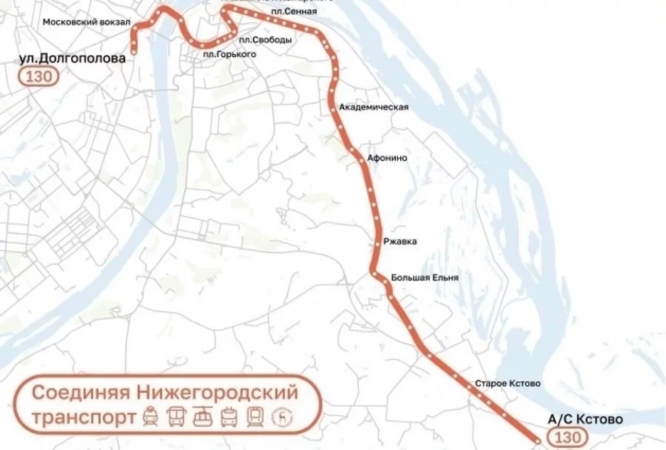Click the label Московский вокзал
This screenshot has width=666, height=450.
[x=86, y=22]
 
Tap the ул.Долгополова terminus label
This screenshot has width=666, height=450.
[x=72, y=59]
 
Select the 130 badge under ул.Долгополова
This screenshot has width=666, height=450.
[x=38, y=77]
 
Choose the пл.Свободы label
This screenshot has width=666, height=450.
[x=265, y=40]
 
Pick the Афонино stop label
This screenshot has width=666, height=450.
[x=387, y=158]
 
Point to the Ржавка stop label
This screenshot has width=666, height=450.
[x=400, y=242]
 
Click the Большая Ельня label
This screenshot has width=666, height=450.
[x=425, y=277]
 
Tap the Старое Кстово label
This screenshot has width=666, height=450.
[x=507, y=383]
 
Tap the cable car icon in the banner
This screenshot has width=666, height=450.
[x=203, y=417]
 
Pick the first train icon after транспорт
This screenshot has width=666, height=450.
[x=150, y=417]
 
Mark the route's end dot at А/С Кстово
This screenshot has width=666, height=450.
[x=537, y=441]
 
